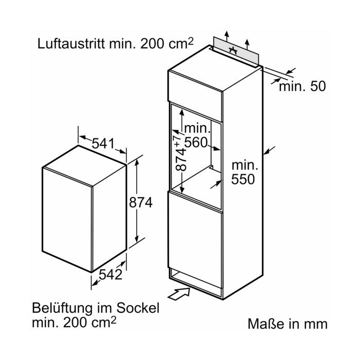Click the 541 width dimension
103,143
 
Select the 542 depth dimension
111,274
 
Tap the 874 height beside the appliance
141,203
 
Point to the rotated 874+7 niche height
181,153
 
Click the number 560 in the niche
196,142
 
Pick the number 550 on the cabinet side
243,179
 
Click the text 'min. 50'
302,86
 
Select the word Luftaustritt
71,43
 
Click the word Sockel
138,308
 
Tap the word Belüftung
63,308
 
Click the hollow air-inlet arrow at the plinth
179,294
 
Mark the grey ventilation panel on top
236,51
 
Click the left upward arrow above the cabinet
227,36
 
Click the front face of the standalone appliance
67,220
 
